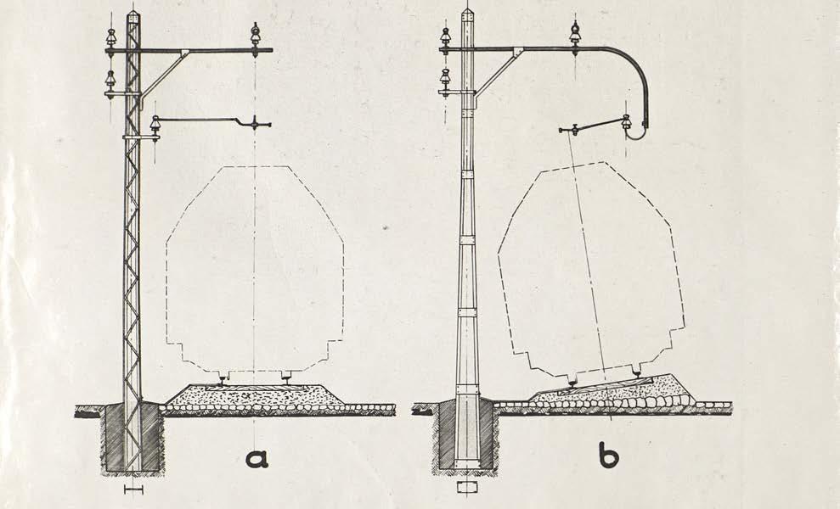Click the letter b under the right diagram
[608, 456]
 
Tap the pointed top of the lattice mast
[132, 13]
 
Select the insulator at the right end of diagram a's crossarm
[255, 36]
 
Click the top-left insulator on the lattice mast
[110, 38]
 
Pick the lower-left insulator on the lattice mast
[110, 81]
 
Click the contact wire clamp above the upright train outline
[254, 126]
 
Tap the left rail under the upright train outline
[223, 378]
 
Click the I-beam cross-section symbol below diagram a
[132, 489]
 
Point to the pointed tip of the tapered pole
[467, 11]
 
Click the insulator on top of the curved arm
[575, 34]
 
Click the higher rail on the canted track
[636, 370]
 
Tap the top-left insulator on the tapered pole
[445, 37]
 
